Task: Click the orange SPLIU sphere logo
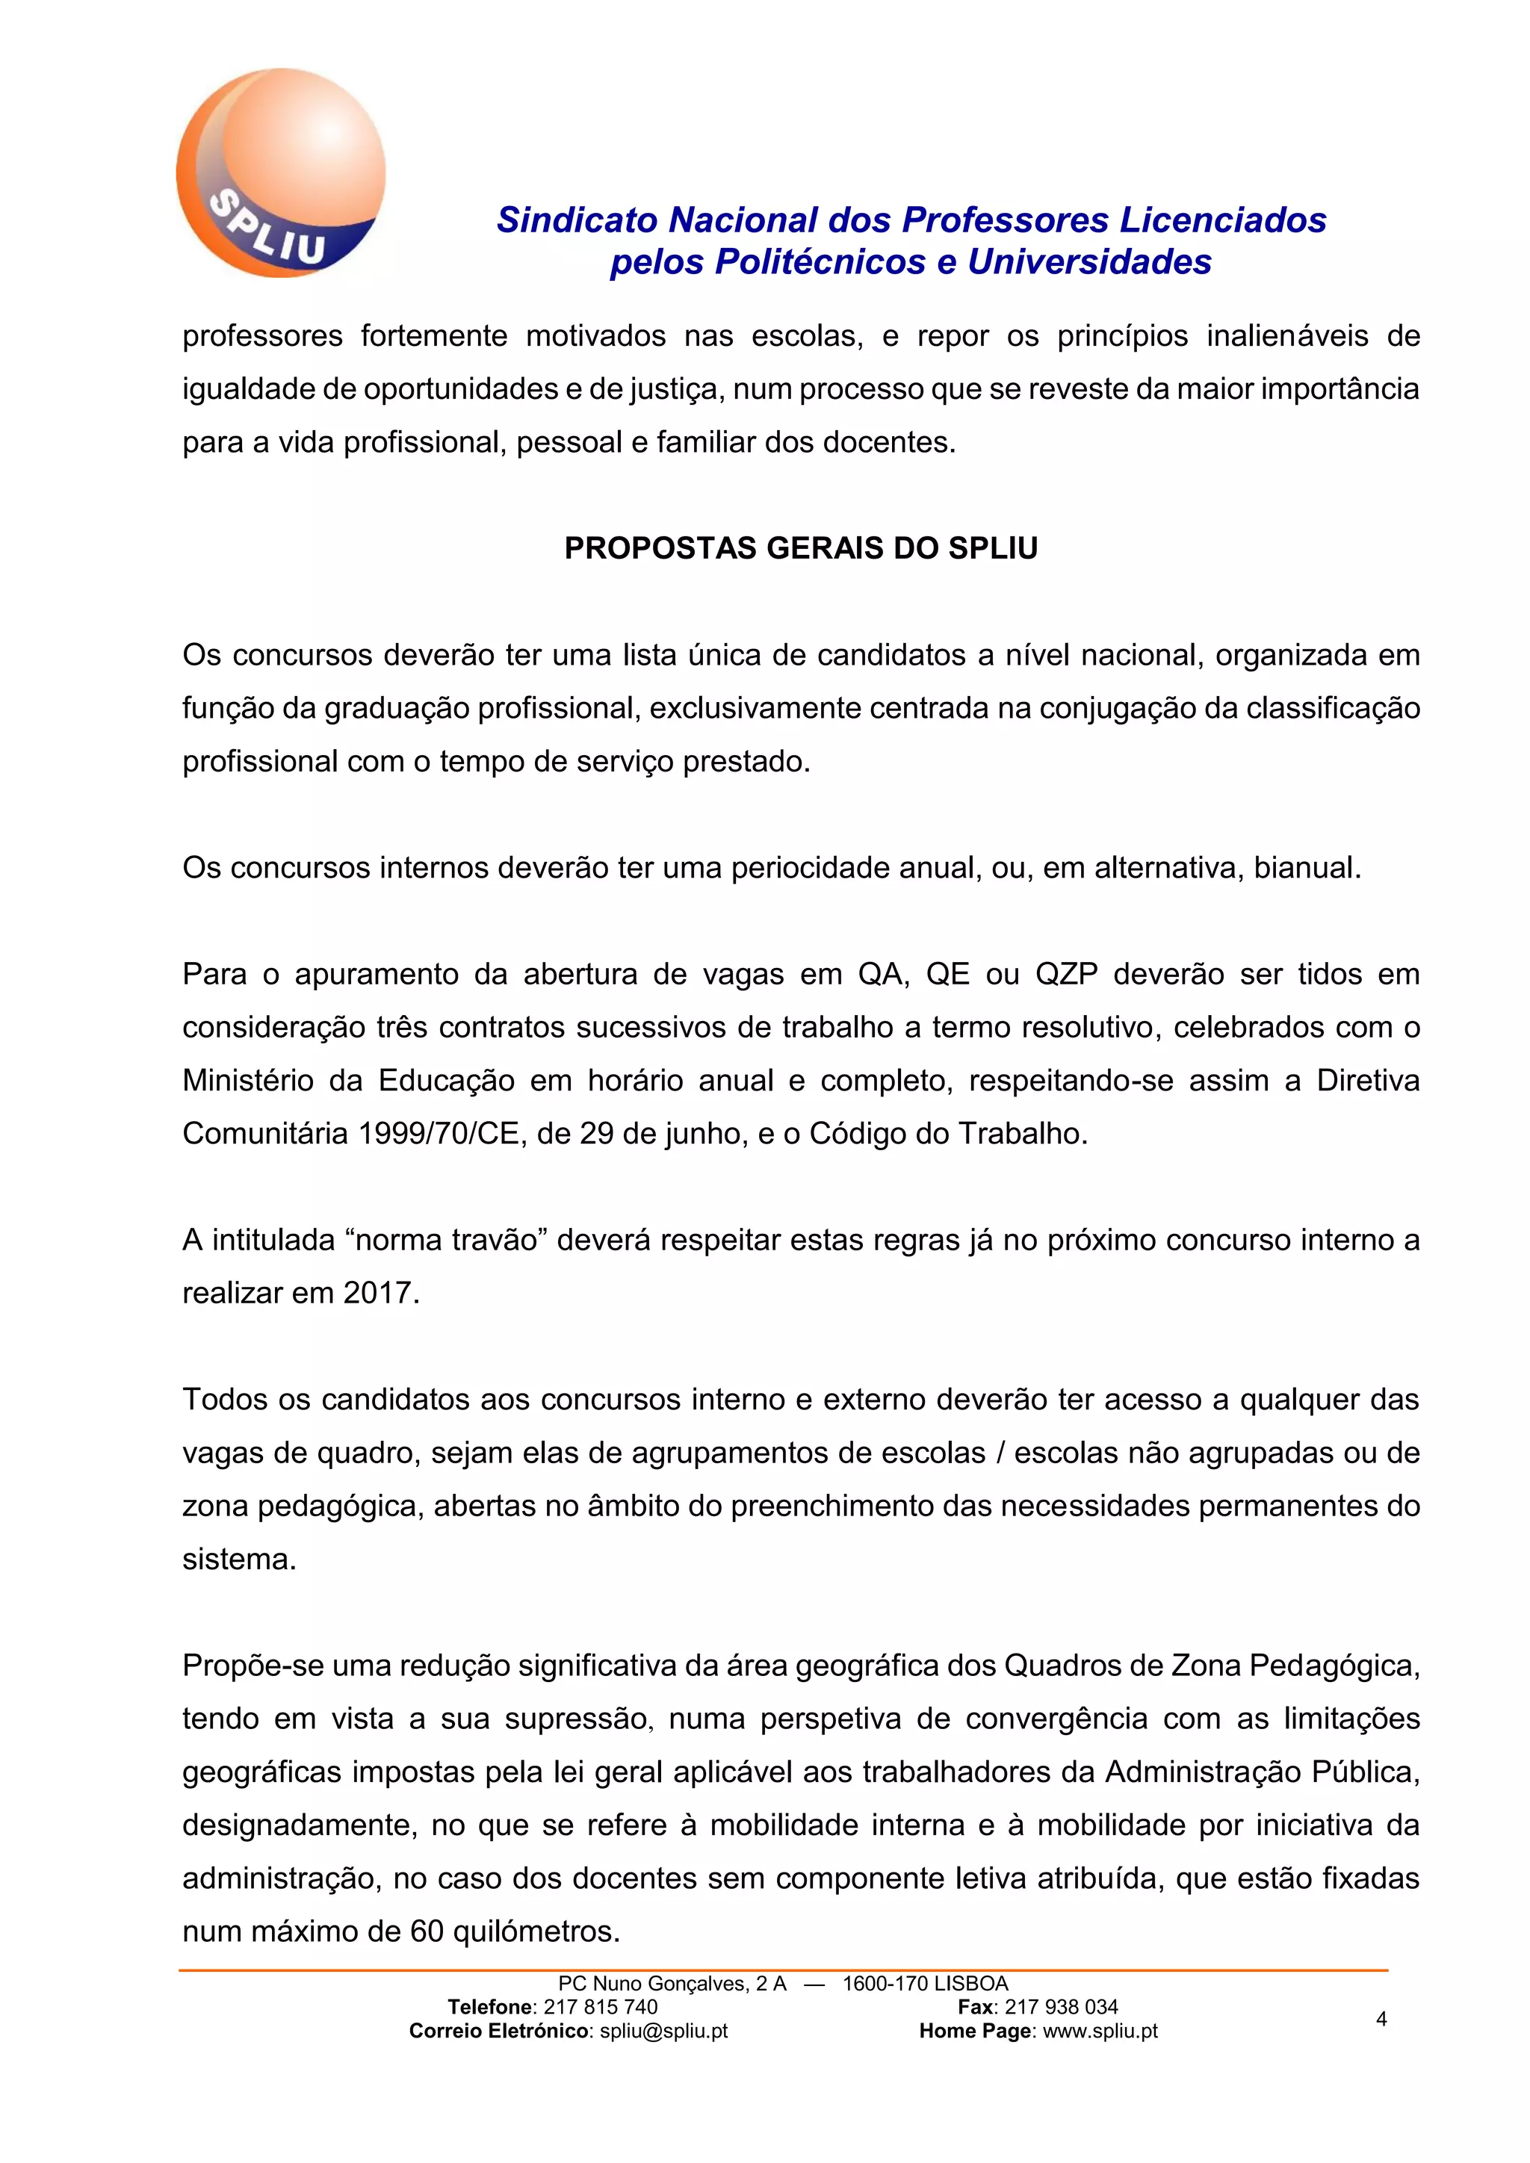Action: point(281,173)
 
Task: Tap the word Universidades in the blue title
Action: point(1089,262)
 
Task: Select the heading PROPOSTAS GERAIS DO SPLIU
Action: point(801,548)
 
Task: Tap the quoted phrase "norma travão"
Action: point(447,1240)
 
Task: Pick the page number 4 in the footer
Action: point(1381,2018)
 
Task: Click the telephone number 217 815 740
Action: point(600,2007)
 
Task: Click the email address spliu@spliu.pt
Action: point(663,2031)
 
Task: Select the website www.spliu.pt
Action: point(1100,2031)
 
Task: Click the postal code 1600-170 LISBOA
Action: point(924,1983)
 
